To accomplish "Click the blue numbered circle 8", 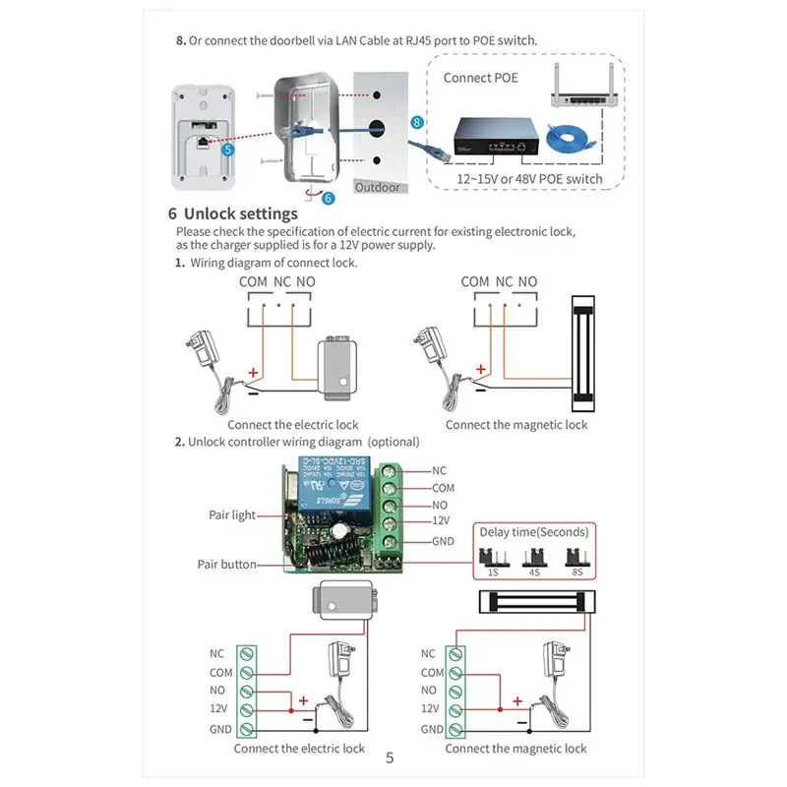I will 417,122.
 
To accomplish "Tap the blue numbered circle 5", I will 228,151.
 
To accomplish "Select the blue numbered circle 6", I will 328,198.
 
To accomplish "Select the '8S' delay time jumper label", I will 578,572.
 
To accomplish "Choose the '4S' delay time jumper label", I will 534,572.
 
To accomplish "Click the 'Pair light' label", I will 232,515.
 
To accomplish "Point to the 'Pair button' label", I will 226,565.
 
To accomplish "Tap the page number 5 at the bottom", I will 390,757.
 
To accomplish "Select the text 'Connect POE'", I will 480,77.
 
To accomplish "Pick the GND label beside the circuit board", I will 444,542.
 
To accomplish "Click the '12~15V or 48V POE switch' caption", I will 529,179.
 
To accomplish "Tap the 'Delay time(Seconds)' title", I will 534,532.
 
